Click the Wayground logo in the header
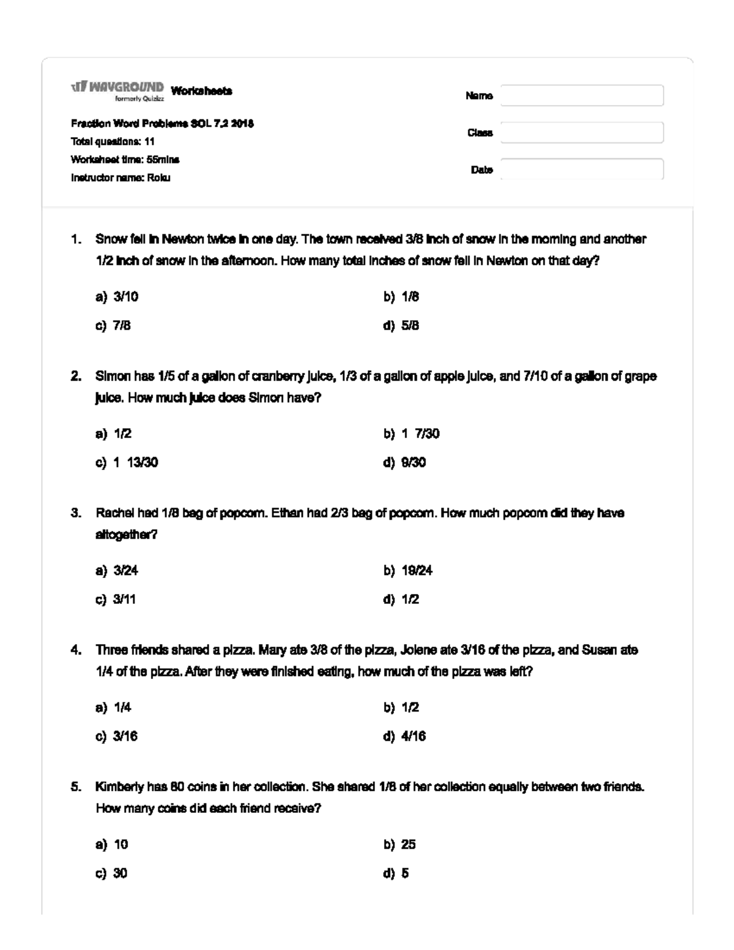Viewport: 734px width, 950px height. (x=118, y=89)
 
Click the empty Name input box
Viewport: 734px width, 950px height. (x=582, y=95)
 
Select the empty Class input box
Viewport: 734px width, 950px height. (x=582, y=133)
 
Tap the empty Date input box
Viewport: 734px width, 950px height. (x=582, y=169)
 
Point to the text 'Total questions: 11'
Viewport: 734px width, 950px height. (x=113, y=141)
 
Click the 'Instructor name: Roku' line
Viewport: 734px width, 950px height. (x=120, y=178)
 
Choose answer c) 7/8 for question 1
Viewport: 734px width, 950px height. (x=113, y=325)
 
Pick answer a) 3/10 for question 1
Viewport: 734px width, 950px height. (x=117, y=297)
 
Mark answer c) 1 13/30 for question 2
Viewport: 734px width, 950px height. (x=127, y=462)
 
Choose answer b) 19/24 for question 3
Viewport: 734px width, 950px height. (x=408, y=571)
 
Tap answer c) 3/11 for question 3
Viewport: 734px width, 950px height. (x=116, y=599)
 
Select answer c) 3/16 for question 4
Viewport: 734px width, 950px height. (x=116, y=737)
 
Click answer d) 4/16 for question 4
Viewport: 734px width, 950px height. (x=405, y=737)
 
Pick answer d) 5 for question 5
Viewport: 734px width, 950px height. (x=396, y=874)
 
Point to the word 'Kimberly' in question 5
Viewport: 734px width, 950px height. (x=119, y=787)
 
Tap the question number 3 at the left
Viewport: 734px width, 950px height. (x=75, y=513)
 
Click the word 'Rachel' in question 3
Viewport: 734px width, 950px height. (x=114, y=513)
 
